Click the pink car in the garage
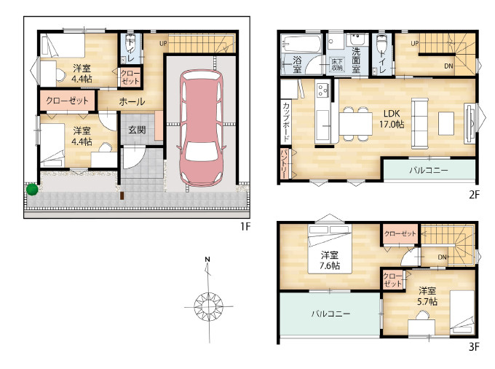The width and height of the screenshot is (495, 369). pyautogui.click(x=202, y=128)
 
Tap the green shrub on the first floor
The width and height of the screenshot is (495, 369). pyautogui.click(x=32, y=190)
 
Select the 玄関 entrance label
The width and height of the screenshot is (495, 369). pyautogui.click(x=137, y=130)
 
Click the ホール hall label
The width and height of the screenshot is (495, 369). pyautogui.click(x=132, y=101)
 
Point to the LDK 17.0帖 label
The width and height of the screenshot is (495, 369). pyautogui.click(x=392, y=119)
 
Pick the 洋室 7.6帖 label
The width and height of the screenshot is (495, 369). pyautogui.click(x=330, y=260)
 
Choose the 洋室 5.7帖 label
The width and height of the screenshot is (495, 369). pyautogui.click(x=427, y=296)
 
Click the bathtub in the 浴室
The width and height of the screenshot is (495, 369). pyautogui.click(x=301, y=44)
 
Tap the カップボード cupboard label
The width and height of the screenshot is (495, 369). pyautogui.click(x=286, y=122)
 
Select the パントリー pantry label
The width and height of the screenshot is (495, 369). pyautogui.click(x=283, y=164)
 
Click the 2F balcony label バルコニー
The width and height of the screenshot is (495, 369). pyautogui.click(x=428, y=170)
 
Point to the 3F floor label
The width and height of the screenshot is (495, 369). pyautogui.click(x=474, y=346)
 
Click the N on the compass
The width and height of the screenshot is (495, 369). pyautogui.click(x=207, y=260)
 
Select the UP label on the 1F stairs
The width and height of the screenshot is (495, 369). pyautogui.click(x=163, y=43)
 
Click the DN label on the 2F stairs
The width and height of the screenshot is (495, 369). pyautogui.click(x=448, y=66)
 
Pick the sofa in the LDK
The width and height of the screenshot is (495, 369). pyautogui.click(x=420, y=123)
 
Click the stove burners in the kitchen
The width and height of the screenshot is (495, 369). pyautogui.click(x=322, y=90)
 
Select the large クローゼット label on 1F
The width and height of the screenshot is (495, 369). pyautogui.click(x=67, y=101)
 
